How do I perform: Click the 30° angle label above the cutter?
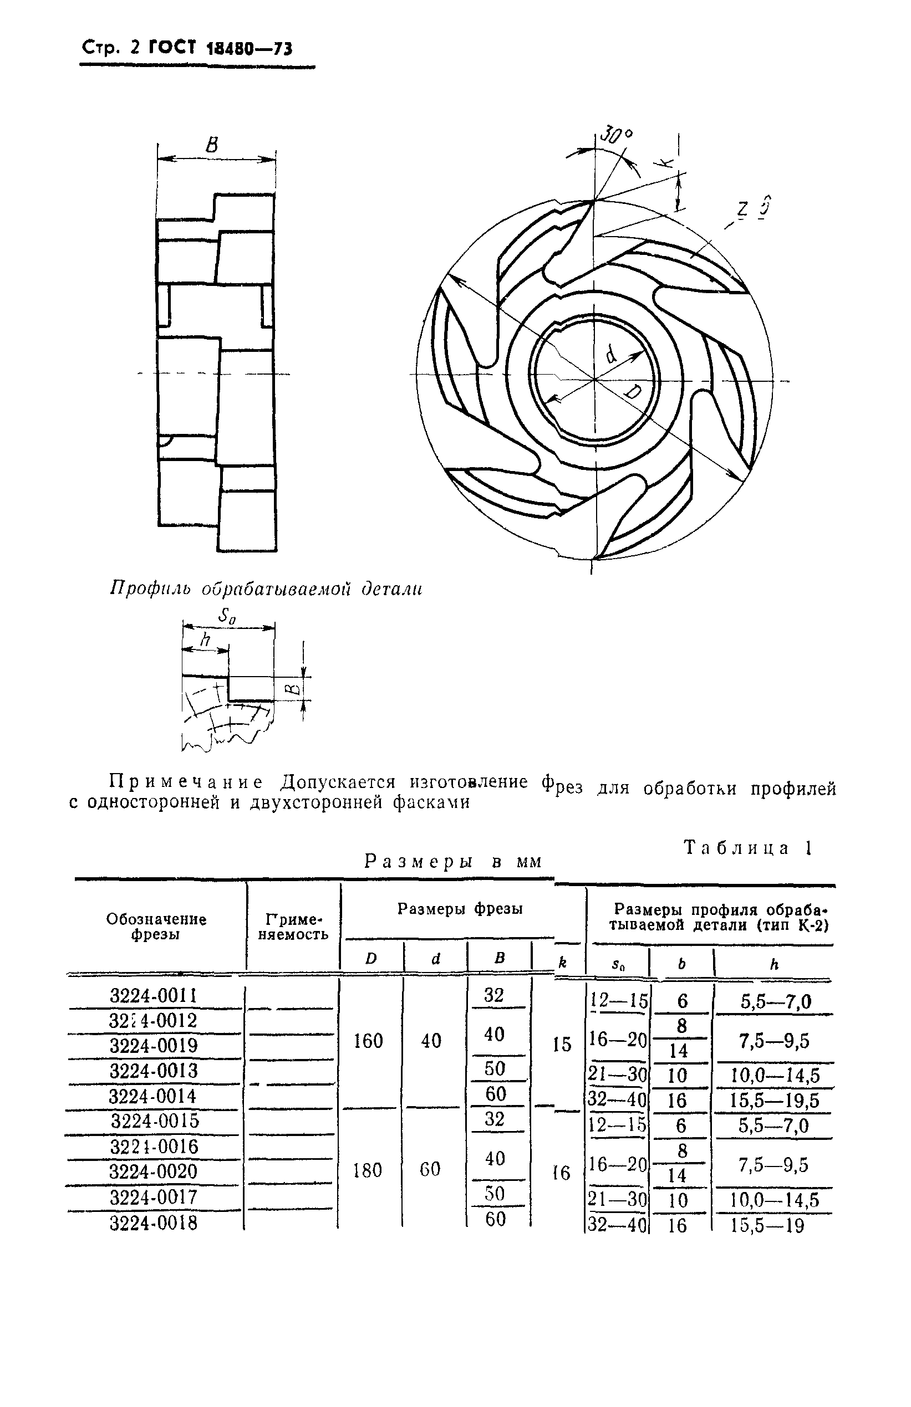click(616, 136)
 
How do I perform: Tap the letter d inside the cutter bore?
click(611, 355)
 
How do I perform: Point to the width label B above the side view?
click(212, 144)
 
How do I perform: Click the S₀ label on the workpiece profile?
click(227, 616)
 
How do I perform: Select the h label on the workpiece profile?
click(205, 639)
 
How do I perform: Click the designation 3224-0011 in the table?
click(153, 996)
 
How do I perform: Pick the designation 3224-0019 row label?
click(153, 1046)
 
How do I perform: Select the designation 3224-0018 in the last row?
click(153, 1222)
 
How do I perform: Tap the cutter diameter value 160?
click(368, 1041)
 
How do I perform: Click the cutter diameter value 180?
click(368, 1170)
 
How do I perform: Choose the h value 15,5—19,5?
click(775, 1101)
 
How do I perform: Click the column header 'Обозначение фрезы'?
click(156, 927)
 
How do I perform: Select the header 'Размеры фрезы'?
click(460, 909)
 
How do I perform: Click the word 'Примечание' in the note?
click(186, 782)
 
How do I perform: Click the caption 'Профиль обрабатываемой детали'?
click(266, 590)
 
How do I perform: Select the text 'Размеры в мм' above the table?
click(452, 861)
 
